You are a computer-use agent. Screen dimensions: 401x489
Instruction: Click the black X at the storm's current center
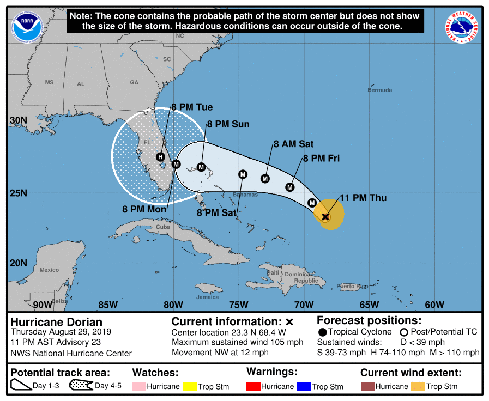point(325,217)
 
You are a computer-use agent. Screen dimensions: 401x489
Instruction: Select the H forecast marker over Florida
point(161,157)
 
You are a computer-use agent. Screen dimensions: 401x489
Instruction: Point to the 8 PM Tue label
point(192,107)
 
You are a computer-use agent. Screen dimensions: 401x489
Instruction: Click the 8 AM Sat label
point(293,144)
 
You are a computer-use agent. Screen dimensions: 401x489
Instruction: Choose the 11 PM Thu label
point(363,198)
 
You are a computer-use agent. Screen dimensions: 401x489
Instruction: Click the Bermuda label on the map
point(379,90)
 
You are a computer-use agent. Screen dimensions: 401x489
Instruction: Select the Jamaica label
point(208,297)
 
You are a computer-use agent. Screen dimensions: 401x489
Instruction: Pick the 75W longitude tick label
point(238,305)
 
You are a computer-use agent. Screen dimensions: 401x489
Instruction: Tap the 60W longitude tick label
point(434,305)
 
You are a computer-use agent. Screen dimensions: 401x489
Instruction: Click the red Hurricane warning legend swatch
point(253,386)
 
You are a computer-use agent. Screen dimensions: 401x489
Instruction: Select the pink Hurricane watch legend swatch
point(140,386)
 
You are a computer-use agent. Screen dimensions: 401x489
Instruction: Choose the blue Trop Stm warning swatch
point(304,386)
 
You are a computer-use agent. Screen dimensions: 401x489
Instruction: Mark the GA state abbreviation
point(134,82)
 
